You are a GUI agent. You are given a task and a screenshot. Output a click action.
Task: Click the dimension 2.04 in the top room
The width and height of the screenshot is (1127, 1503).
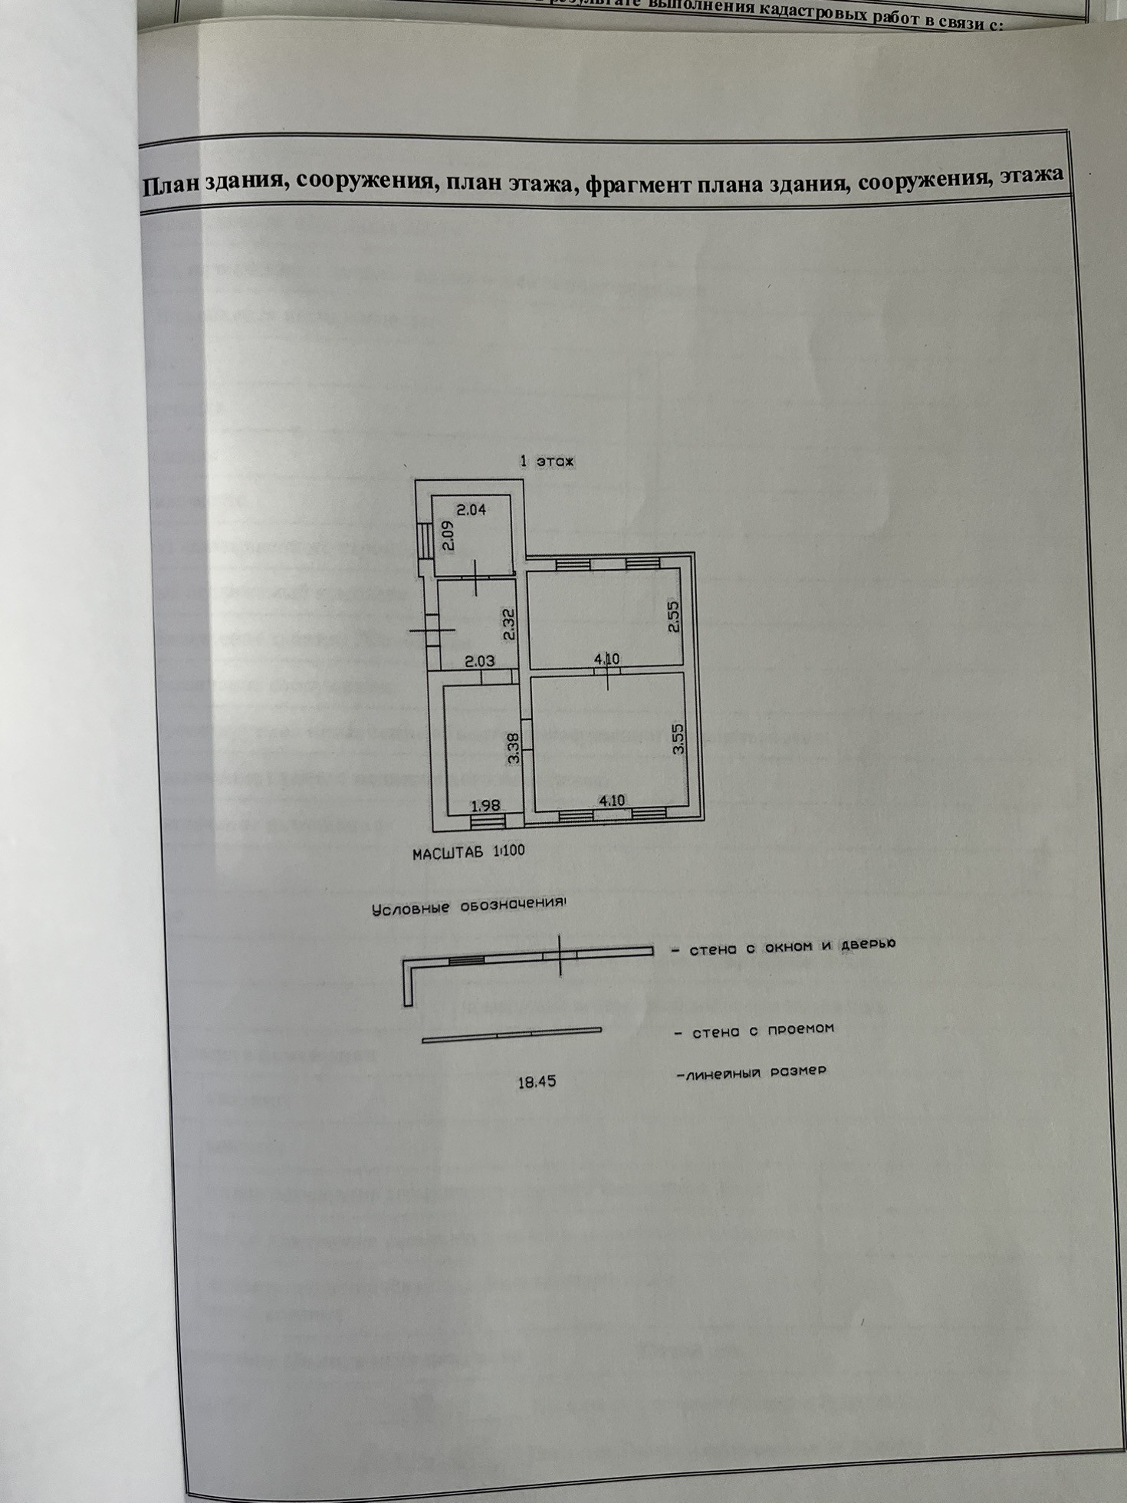coord(472,508)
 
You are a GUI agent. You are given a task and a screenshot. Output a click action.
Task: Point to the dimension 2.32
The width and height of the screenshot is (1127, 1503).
coord(508,625)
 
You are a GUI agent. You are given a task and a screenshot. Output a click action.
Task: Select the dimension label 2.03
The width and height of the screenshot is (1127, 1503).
coord(480,661)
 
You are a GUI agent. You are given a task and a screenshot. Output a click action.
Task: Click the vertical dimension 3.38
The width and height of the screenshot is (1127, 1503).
coord(514,748)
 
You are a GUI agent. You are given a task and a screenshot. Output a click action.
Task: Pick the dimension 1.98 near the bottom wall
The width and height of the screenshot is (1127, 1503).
coord(485,805)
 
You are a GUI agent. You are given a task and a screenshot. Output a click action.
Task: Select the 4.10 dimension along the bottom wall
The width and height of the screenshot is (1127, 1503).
coord(612,801)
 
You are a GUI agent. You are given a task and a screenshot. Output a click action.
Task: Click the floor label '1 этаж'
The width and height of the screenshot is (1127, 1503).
coord(547,462)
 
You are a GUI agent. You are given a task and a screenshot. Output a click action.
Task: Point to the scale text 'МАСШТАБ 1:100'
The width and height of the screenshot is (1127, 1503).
coord(468,852)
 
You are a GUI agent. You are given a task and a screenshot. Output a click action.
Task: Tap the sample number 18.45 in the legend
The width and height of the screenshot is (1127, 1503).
coord(537,1083)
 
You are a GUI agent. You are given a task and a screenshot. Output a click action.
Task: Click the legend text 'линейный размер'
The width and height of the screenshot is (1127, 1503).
coord(751,1071)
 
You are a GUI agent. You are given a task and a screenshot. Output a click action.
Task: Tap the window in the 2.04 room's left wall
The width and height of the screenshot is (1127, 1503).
coord(423,541)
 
